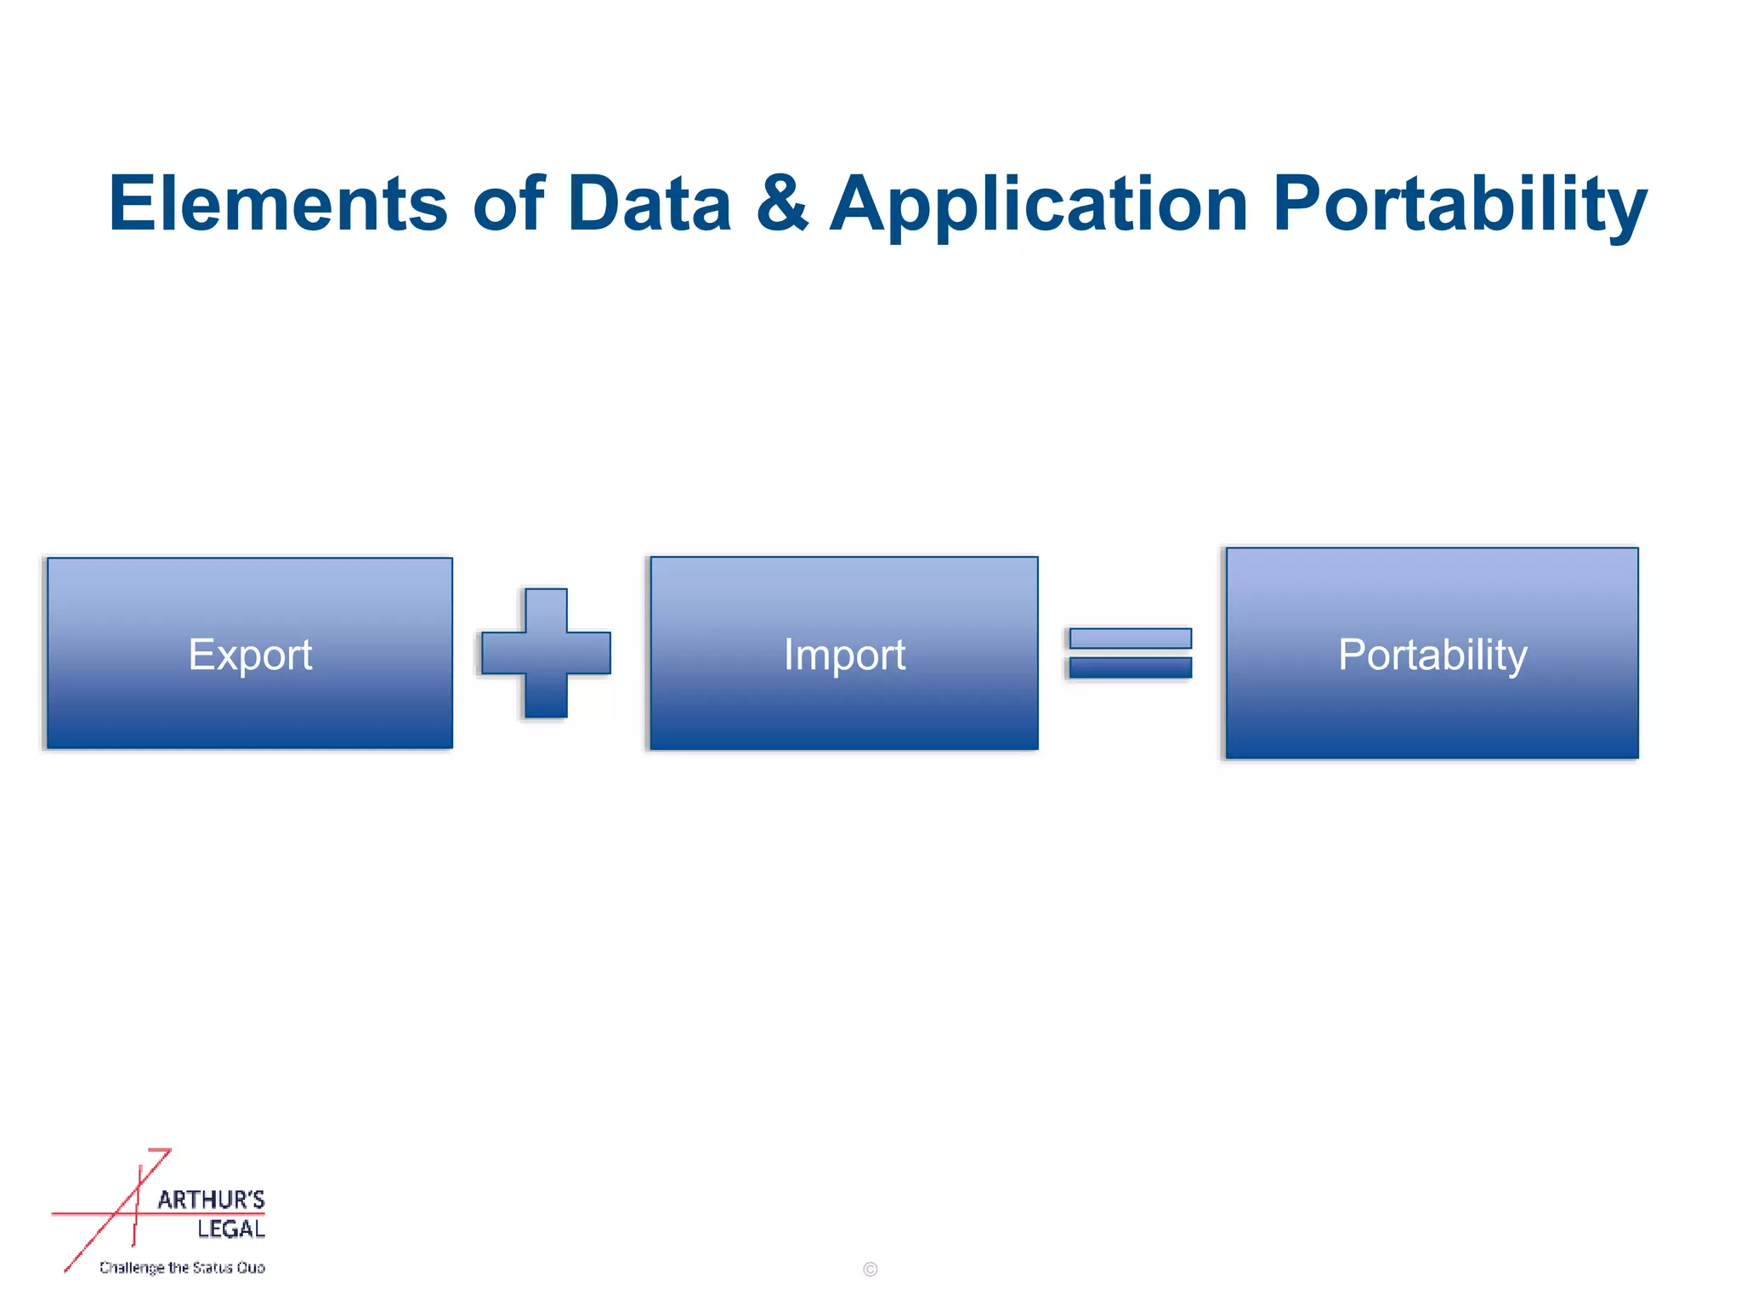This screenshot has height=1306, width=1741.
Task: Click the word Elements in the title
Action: click(278, 203)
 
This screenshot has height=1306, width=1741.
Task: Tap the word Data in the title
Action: click(649, 203)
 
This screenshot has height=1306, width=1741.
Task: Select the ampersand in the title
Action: click(781, 203)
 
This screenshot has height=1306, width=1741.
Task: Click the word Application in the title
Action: click(1039, 203)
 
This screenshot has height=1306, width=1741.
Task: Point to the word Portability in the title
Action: click(1460, 203)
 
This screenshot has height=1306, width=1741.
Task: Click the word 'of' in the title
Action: click(508, 203)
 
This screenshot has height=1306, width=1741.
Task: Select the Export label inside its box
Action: click(250, 655)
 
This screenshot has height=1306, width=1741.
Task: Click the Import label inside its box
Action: click(844, 655)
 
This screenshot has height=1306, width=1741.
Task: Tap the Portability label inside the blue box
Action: click(1432, 655)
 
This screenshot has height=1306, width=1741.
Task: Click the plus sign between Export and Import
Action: click(546, 653)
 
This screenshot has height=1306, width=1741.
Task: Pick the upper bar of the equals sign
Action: click(1130, 638)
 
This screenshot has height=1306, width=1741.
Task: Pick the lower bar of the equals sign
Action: click(1130, 667)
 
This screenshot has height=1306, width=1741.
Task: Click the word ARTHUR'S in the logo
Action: click(211, 1200)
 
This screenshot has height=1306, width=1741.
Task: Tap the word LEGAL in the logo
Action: click(231, 1229)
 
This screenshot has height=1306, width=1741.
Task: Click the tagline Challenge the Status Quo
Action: click(182, 1268)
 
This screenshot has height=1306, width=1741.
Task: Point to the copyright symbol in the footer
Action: click(870, 1269)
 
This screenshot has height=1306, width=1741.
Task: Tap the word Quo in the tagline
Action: click(251, 1268)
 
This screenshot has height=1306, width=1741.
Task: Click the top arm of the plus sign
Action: click(546, 609)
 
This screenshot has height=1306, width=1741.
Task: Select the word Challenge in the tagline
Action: click(132, 1268)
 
